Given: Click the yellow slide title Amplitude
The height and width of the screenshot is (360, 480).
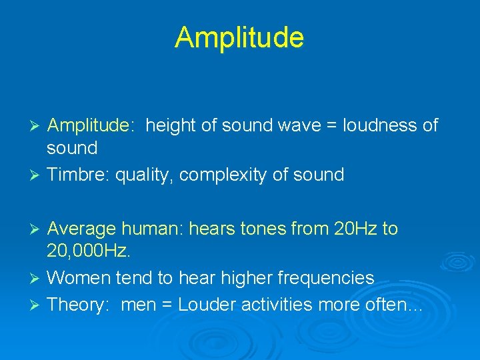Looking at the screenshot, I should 239,37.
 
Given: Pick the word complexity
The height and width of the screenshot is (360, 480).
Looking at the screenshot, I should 229,175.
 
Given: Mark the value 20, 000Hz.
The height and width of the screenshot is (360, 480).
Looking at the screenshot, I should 88,251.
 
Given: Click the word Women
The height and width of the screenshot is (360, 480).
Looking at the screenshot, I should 79,277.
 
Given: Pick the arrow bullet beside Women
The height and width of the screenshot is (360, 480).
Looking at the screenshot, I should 37,278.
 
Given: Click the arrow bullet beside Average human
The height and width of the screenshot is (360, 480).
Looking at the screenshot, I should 37,229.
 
